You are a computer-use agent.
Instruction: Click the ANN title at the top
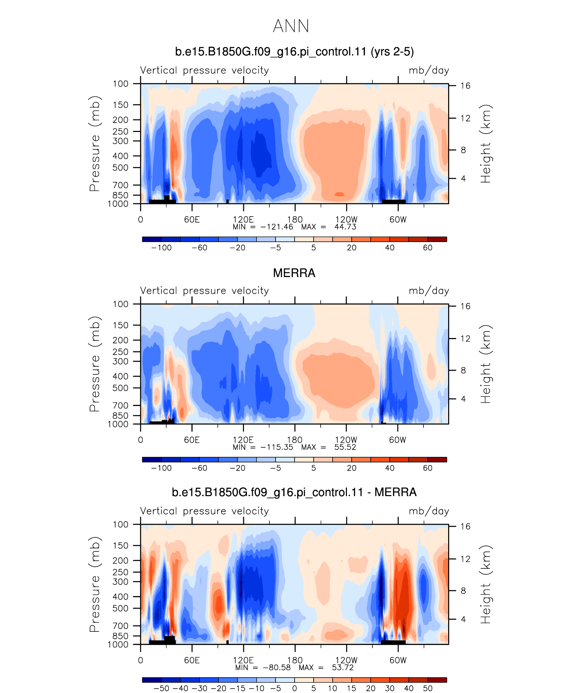[291, 26]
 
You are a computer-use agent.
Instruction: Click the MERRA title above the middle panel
[294, 273]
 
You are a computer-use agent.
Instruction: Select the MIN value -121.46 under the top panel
[277, 227]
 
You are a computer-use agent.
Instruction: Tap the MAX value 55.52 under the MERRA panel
[345, 447]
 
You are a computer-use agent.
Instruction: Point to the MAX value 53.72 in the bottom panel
[343, 667]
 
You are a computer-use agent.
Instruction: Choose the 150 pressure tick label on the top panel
[121, 105]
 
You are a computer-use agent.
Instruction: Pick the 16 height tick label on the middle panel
[465, 306]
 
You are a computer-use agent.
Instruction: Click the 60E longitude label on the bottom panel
[192, 660]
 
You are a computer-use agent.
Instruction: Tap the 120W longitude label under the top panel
[346, 220]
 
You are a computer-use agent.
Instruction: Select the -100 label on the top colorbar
[161, 248]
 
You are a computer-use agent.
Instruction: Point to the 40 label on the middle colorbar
[390, 468]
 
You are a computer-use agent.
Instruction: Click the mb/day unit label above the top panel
[429, 70]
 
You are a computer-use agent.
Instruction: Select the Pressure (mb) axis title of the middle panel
[95, 364]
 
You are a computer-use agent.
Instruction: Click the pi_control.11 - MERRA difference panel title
[294, 492]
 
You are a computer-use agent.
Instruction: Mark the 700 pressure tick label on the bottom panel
[121, 626]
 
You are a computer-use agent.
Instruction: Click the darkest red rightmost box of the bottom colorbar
[437, 680]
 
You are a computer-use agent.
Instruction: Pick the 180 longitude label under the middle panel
[295, 440]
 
